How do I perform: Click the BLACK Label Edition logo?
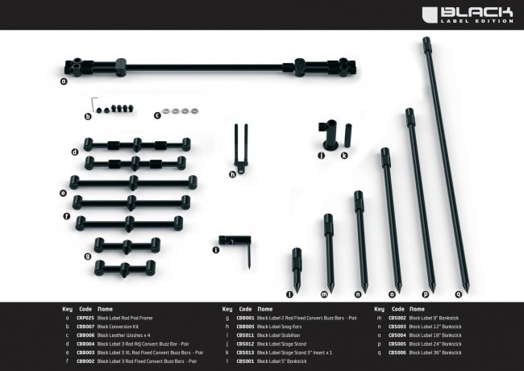click(478, 14)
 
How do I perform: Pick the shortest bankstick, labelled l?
click(295, 268)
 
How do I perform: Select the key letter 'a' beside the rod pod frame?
click(63, 81)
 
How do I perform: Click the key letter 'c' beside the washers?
click(157, 116)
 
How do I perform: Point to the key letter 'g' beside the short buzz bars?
click(87, 256)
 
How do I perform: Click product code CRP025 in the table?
click(85, 318)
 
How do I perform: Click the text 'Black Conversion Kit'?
click(119, 327)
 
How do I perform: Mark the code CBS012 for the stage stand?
click(245, 344)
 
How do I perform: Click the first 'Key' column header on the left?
click(67, 309)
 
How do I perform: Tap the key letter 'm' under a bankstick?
click(324, 294)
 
